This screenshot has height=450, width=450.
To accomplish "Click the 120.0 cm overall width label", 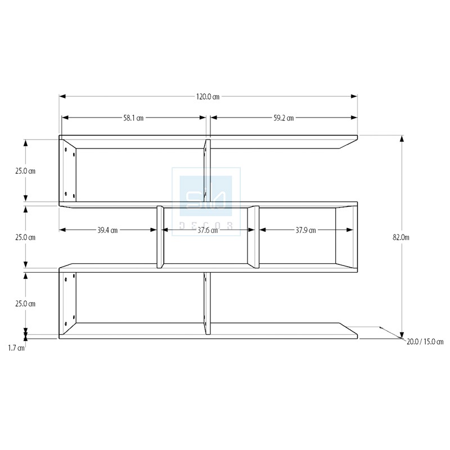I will (x=208, y=97).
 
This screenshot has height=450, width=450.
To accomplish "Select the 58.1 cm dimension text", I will (x=133, y=118).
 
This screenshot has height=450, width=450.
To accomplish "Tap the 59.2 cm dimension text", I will (x=283, y=118).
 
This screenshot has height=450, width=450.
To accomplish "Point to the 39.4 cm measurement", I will (x=107, y=230).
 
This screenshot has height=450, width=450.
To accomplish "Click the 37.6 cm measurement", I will (x=208, y=230).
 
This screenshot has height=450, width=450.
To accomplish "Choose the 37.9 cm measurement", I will (x=305, y=230).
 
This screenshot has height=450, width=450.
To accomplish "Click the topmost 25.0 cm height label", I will (x=25, y=171).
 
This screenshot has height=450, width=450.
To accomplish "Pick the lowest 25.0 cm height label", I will (x=25, y=304).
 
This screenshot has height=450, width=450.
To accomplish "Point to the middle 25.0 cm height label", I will (x=25, y=237).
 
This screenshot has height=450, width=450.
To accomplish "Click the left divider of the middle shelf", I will (x=160, y=237).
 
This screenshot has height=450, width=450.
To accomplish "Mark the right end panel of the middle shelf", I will (x=346, y=237).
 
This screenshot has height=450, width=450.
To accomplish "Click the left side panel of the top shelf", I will (x=67, y=170).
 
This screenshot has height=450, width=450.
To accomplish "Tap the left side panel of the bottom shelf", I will (x=67, y=303).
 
